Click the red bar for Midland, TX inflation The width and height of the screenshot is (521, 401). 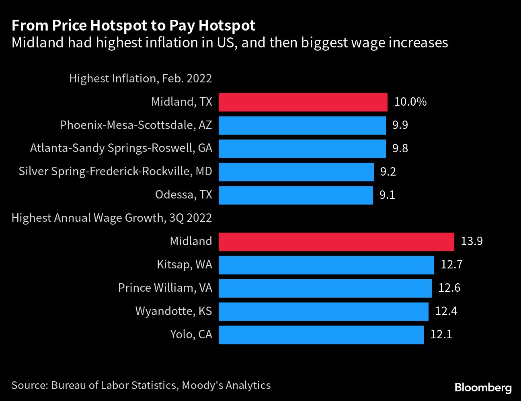point(303,102)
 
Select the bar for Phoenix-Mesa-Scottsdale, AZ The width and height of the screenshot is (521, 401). point(302,125)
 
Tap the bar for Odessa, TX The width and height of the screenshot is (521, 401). point(295,195)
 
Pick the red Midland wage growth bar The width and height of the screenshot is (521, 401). point(336,241)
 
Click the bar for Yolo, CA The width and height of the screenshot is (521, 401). point(321,335)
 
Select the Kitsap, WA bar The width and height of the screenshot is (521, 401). point(326,265)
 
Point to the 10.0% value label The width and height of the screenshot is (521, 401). point(410,102)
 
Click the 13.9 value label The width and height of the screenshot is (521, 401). point(472,241)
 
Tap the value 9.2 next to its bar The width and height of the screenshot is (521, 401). point(388,172)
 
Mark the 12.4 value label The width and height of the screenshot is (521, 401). point(446,311)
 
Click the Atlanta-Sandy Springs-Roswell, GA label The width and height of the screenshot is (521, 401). point(121,148)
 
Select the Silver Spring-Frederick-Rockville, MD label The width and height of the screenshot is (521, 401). point(115,172)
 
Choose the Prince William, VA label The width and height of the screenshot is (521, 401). point(165,288)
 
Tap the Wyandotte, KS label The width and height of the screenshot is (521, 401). point(173,311)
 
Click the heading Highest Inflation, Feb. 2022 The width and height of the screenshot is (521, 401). point(140,78)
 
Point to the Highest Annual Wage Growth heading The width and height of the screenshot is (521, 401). point(112,218)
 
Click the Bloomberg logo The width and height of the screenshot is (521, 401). point(483,388)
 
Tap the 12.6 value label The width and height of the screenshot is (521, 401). point(449,288)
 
